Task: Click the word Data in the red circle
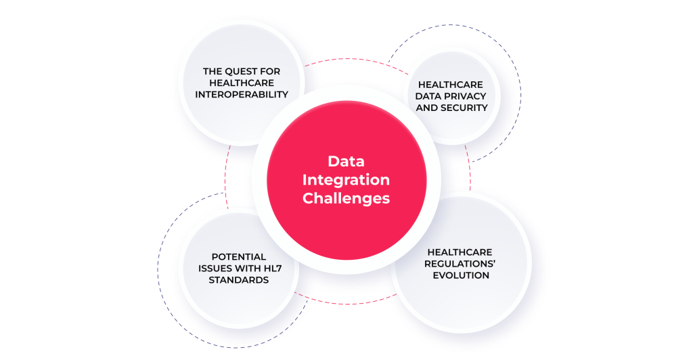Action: [x=346, y=162]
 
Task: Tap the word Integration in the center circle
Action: [x=346, y=180]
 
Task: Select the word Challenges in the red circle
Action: [x=346, y=198]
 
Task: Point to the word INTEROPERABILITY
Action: [x=242, y=94]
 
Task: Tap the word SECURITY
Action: [x=465, y=108]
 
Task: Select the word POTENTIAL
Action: [x=238, y=256]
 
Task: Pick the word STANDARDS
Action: [x=238, y=279]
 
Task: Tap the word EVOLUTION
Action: [x=460, y=275]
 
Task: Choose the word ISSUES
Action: [x=213, y=268]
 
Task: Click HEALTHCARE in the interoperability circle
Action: [x=242, y=83]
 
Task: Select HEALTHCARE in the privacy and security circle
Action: [x=450, y=85]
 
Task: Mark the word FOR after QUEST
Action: [x=271, y=71]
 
